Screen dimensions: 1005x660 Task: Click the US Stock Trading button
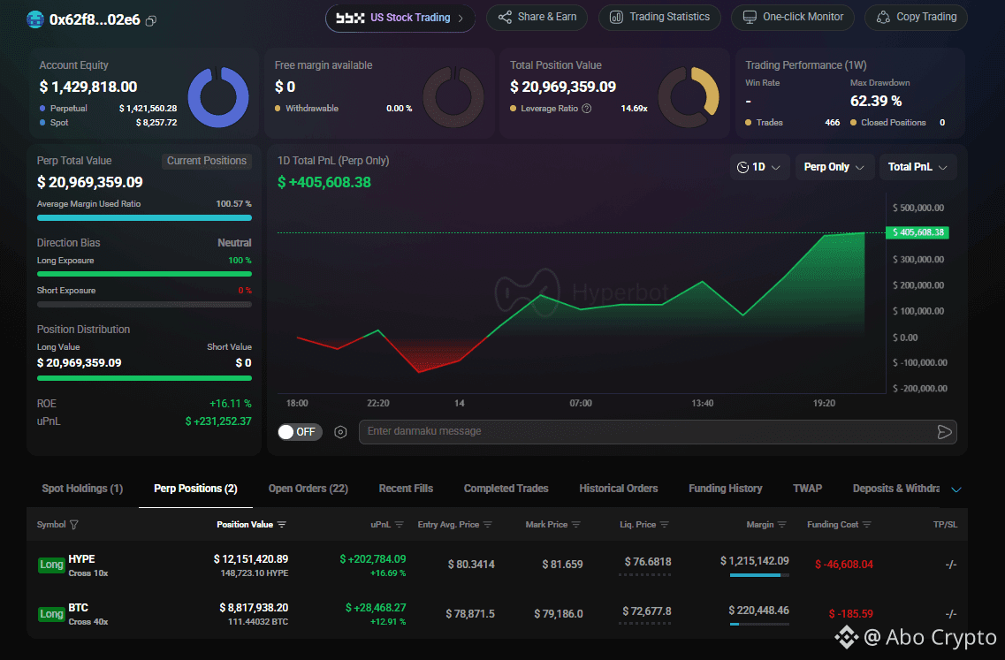[x=400, y=18]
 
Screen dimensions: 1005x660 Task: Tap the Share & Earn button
[x=537, y=18]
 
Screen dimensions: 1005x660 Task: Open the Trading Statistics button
[x=659, y=18]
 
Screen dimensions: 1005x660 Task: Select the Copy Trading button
[x=916, y=18]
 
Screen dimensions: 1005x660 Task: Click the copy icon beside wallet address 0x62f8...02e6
[x=151, y=20]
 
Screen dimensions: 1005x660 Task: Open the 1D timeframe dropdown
[x=759, y=167]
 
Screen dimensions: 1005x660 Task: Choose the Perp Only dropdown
[x=834, y=167]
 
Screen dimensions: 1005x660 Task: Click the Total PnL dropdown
[x=917, y=167]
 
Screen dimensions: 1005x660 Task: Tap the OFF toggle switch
[x=300, y=432]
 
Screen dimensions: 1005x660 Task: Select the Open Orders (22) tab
[x=308, y=489]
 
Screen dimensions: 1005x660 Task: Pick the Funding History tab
[x=726, y=489]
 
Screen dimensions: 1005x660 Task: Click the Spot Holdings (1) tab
[x=82, y=489]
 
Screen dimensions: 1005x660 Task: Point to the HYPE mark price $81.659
[x=562, y=565]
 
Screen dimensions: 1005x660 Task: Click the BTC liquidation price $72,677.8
[x=647, y=611]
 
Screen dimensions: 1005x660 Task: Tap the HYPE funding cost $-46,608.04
[x=843, y=565]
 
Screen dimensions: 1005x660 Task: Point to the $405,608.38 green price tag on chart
[x=917, y=232]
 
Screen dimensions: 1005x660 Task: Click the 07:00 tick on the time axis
[x=581, y=403]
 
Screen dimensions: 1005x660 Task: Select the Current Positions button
[x=206, y=161]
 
